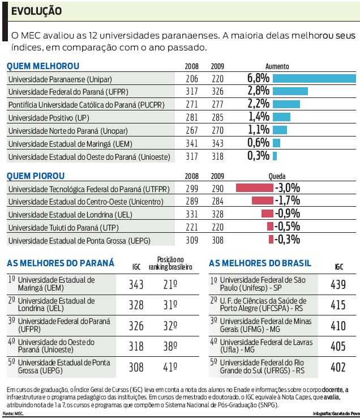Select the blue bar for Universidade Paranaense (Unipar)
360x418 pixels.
click(314, 78)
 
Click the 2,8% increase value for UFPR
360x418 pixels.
click(258, 91)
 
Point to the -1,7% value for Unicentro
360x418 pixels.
click(287, 201)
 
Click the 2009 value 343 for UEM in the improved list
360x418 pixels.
click(217, 143)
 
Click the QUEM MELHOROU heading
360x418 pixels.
click(43, 66)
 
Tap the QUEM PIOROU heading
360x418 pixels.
click(36, 176)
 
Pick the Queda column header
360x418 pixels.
click(277, 177)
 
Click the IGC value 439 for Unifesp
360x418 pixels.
click(338, 285)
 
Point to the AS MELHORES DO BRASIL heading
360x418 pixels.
click(260, 263)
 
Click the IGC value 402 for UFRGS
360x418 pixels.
click(338, 367)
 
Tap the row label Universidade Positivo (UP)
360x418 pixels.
click(49, 118)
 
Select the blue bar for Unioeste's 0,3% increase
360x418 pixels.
click(275, 156)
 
